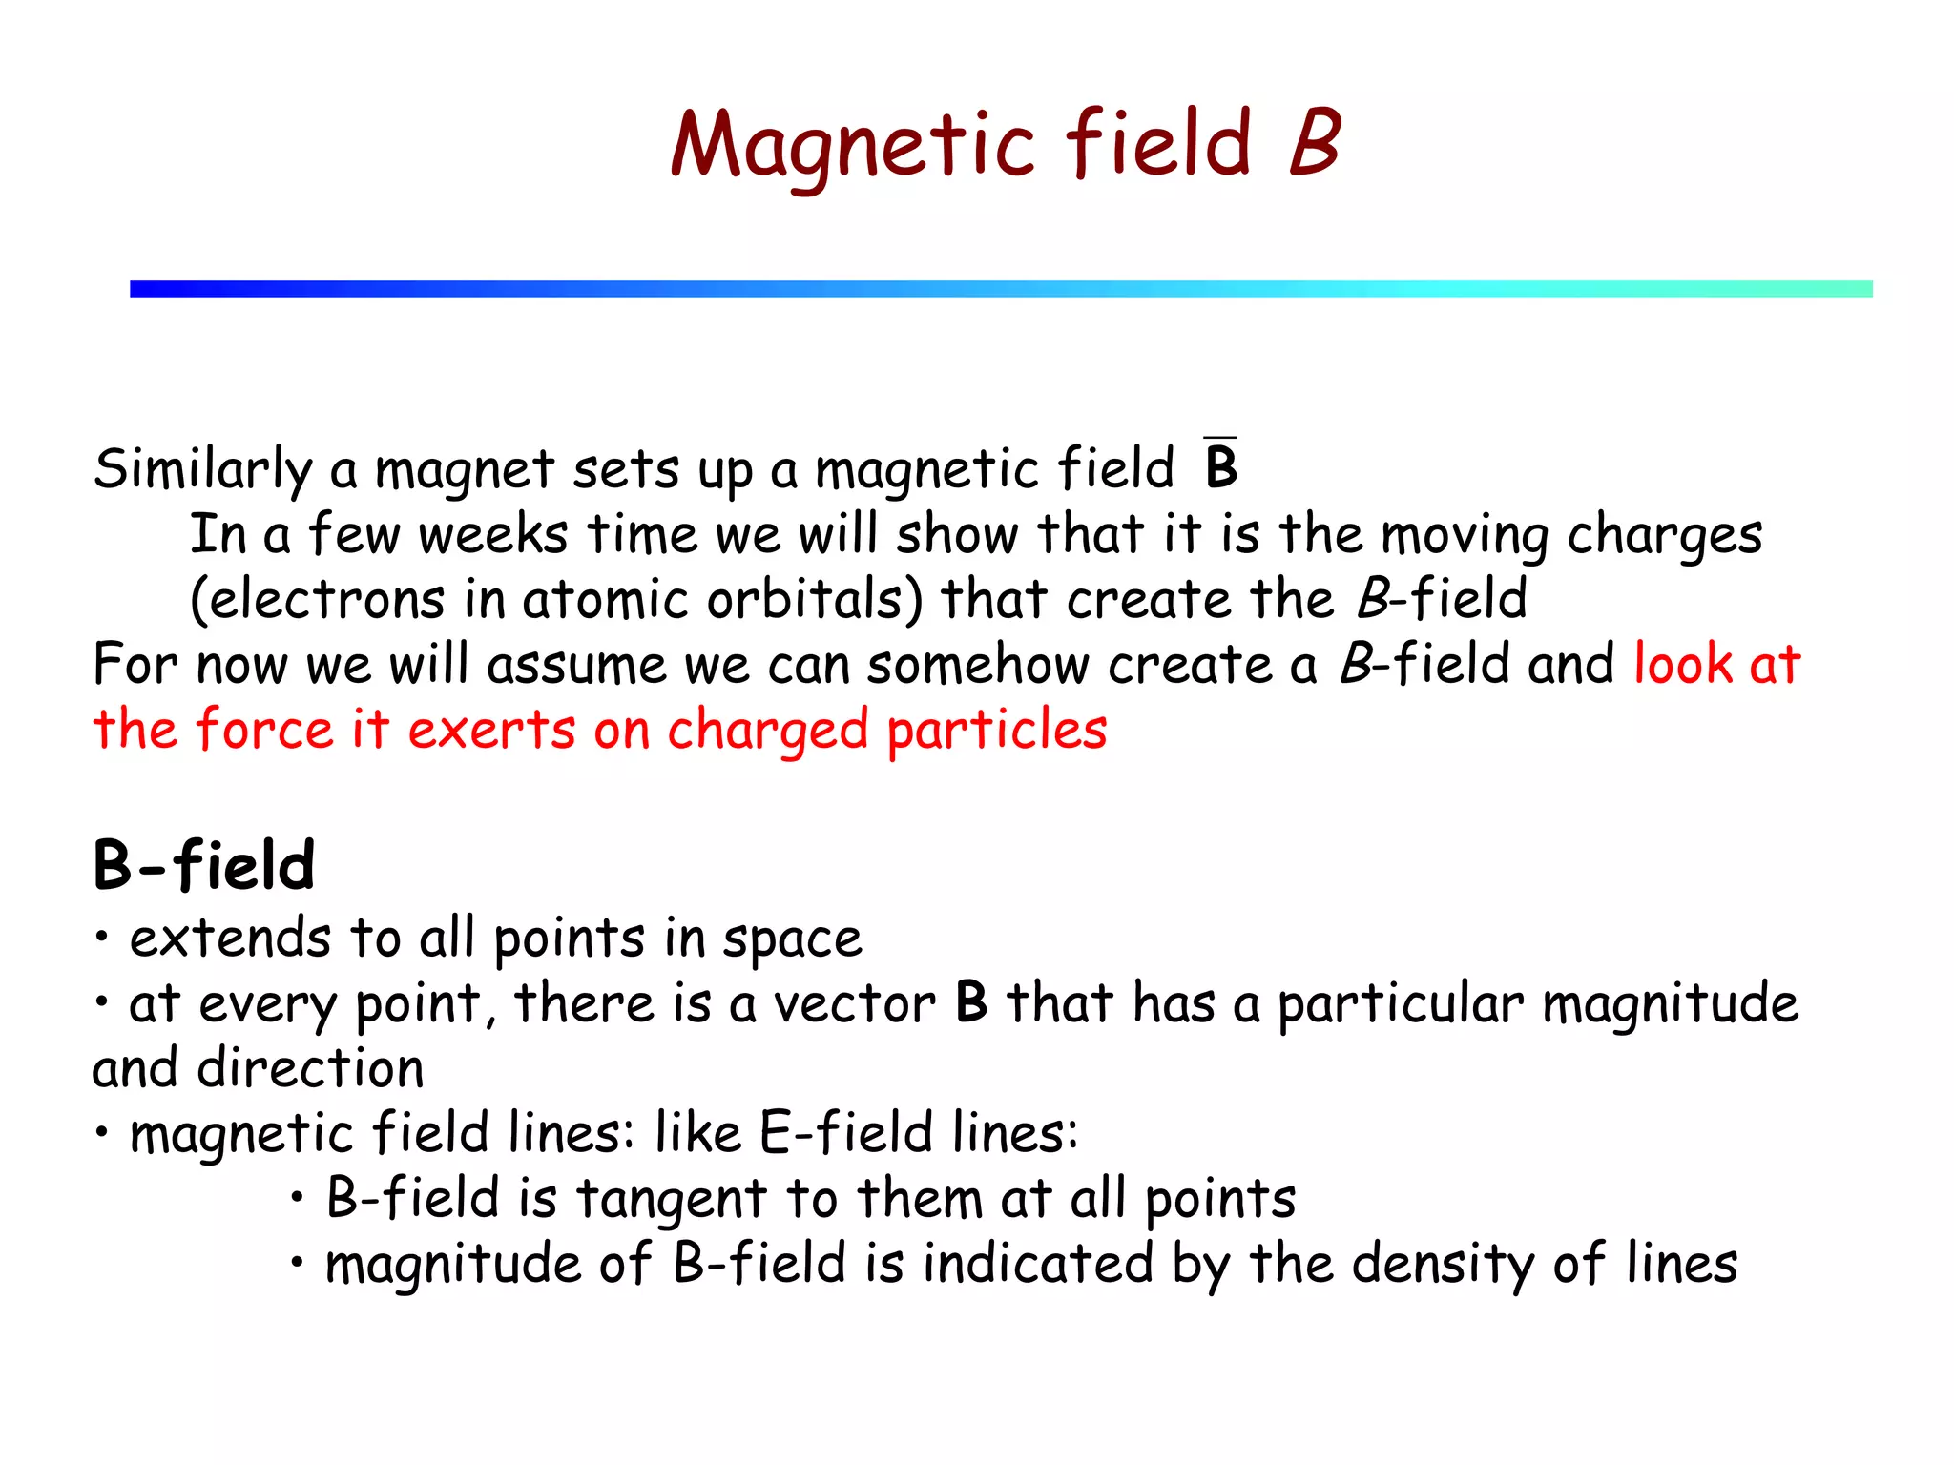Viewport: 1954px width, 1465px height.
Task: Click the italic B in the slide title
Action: click(x=1315, y=142)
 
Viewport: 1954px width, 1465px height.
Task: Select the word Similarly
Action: click(x=203, y=469)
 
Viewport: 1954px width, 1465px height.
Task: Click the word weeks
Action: click(x=492, y=534)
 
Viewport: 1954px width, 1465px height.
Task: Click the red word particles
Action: click(x=996, y=731)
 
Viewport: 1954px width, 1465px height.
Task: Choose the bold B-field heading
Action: click(x=203, y=866)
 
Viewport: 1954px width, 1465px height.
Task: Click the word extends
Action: click(x=230, y=939)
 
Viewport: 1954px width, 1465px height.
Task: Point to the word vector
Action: click(x=854, y=1003)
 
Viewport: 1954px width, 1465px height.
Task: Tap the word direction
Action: click(x=310, y=1068)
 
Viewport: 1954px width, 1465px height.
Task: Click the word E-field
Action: click(x=845, y=1133)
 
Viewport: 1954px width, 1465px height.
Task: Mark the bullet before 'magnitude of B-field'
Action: click(x=298, y=1263)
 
